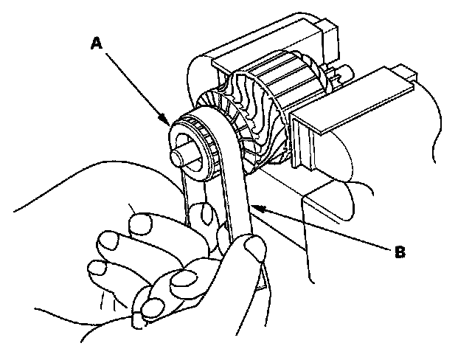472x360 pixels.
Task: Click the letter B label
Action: (x=399, y=252)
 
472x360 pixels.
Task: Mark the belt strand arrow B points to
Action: (x=242, y=214)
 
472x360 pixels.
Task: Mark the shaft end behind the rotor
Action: (x=341, y=74)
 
